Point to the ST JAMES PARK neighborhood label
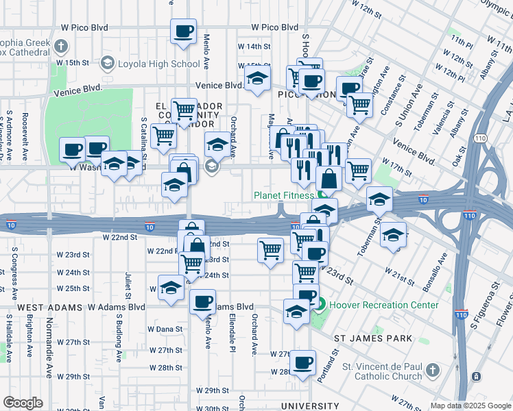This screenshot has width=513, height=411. coord(372,338)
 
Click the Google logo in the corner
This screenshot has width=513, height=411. coord(23,403)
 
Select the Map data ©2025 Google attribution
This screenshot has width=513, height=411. coord(470,406)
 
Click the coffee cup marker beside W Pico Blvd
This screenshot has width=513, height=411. coord(183,32)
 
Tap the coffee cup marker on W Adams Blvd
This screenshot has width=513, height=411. coord(202,301)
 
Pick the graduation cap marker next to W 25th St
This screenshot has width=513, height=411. coord(171,288)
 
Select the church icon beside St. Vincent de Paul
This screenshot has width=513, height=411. coord(432,371)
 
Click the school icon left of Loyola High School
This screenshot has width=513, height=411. coord(107,64)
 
